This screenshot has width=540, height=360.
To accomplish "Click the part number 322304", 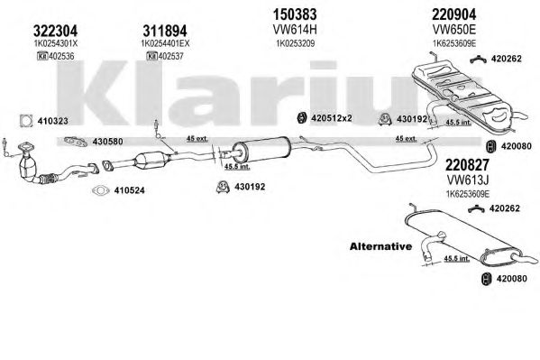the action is (56, 31).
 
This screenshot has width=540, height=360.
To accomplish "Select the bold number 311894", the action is (165, 31).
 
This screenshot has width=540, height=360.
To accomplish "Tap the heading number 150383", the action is (295, 14).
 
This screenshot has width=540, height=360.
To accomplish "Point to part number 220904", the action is (454, 14).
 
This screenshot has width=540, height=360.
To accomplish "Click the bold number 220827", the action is (467, 165).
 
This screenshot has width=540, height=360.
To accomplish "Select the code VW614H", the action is (295, 30).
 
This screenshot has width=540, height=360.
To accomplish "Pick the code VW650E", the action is (454, 30).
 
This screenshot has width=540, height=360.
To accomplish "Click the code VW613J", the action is (468, 180).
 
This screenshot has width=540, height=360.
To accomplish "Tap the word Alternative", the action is (380, 246).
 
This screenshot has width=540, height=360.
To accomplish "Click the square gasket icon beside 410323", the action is (26, 121).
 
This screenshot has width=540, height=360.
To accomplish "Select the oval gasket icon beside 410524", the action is (101, 190).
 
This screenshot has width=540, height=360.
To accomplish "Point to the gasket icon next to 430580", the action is (76, 142).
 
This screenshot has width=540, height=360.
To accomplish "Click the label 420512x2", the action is (331, 118).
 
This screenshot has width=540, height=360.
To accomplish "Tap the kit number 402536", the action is (61, 56).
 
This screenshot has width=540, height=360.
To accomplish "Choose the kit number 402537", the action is (171, 56).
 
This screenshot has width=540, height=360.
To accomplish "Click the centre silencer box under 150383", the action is (261, 149).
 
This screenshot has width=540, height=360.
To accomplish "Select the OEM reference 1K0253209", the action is (295, 44).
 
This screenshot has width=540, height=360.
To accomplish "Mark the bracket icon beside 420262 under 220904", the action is (478, 59).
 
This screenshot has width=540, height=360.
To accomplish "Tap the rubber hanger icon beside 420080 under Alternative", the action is (486, 278).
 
